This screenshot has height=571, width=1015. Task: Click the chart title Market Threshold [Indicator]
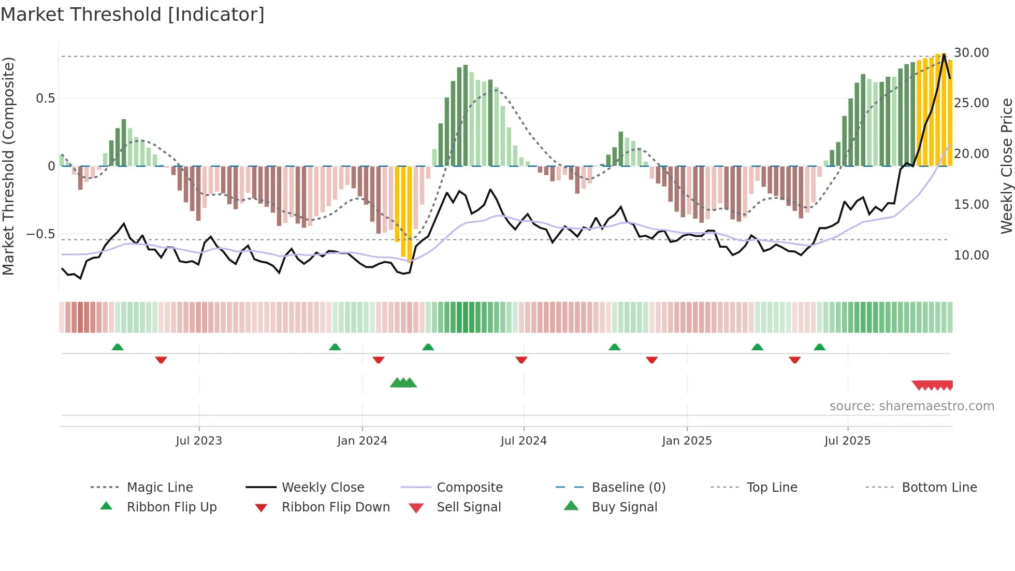coord(133,15)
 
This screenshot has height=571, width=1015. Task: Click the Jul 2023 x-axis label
coord(199,441)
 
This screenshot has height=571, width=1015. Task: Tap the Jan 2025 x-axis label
coord(687,441)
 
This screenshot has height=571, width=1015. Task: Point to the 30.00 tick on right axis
coord(971,53)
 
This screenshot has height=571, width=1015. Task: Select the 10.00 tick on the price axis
coord(971,255)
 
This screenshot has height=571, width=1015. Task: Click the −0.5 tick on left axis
coord(41,234)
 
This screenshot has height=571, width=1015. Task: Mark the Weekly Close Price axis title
coord(1006,166)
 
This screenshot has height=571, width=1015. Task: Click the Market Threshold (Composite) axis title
coord(8,166)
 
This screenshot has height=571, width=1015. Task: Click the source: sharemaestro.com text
coord(911,406)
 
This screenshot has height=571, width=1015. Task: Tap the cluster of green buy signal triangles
coord(403,383)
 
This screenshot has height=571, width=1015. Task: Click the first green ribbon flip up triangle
coord(118,347)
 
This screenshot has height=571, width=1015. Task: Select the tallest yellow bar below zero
coord(410,213)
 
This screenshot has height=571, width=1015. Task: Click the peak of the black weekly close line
coord(944,54)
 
